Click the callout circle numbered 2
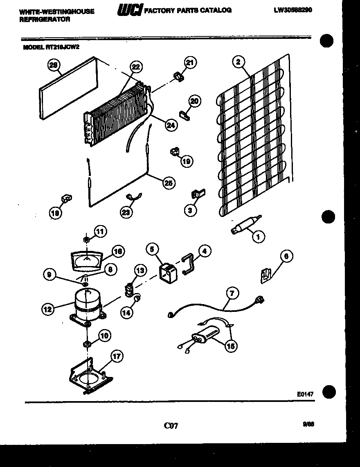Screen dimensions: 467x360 coord(238,62)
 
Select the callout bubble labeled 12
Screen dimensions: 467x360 coord(48,309)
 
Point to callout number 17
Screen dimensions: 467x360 coord(117,356)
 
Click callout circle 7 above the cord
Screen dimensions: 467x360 coord(232,293)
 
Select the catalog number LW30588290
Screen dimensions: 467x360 coord(292,10)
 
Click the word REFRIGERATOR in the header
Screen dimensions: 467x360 coord(45,19)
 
